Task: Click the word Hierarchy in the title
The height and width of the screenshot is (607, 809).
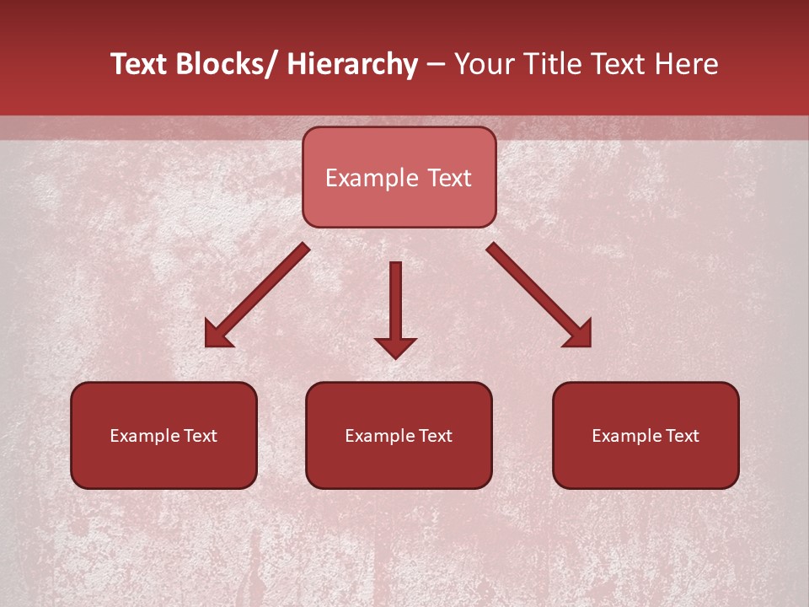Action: (352, 64)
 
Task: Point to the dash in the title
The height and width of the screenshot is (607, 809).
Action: (436, 65)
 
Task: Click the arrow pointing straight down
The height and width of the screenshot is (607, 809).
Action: (395, 303)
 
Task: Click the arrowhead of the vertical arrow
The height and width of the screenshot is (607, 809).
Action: (395, 346)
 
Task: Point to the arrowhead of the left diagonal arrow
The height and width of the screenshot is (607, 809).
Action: (217, 336)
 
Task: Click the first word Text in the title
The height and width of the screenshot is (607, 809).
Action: (140, 64)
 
